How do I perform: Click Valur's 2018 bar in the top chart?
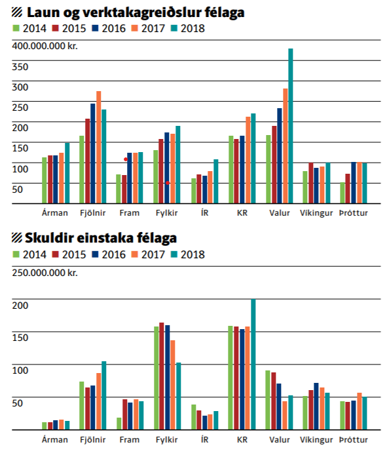[290, 126]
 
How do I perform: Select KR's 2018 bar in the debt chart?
[253, 364]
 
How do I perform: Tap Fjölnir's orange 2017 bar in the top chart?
[99, 147]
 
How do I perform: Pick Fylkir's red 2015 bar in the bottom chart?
[162, 376]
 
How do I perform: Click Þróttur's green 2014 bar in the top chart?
[343, 193]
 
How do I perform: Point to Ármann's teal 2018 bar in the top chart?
[67, 173]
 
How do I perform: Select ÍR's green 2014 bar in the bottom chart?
[194, 417]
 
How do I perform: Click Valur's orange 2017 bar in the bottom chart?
[285, 416]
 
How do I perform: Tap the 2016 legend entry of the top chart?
[109, 28]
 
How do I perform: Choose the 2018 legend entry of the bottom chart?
[188, 254]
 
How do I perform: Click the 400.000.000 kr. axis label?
[45, 46]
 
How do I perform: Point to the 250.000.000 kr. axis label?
[45, 273]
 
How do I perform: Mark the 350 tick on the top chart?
[20, 67]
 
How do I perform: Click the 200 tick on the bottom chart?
[20, 306]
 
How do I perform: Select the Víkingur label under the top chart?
[316, 213]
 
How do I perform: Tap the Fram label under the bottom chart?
[130, 440]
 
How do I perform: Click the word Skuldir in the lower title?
[49, 238]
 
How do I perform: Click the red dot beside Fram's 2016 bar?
[126, 159]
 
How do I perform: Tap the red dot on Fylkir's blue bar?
[168, 183]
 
